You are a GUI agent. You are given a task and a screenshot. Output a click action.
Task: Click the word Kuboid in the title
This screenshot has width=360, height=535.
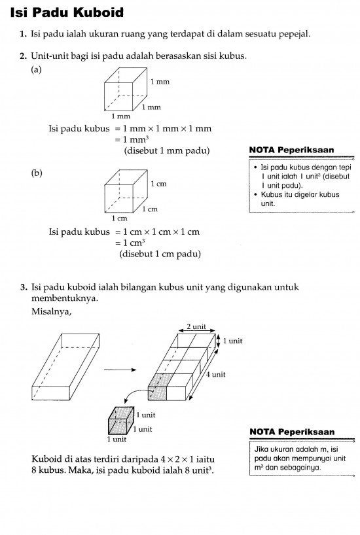[98, 12]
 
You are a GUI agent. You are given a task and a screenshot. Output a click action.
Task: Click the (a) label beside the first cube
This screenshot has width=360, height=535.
[36, 69]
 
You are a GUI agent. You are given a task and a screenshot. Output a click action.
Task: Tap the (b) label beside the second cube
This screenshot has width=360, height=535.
[37, 173]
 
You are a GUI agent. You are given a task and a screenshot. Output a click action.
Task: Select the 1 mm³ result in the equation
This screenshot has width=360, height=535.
[136, 139]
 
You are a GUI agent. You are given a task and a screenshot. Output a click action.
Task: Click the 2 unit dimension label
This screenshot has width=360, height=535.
[196, 326]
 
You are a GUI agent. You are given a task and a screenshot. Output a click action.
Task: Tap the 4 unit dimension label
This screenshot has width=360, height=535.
[215, 374]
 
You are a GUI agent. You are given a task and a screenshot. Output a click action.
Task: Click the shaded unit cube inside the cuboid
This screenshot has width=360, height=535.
[158, 387]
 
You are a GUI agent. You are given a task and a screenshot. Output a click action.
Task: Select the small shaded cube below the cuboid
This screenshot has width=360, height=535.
[120, 421]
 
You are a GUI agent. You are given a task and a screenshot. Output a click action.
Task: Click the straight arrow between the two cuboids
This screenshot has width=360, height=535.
[120, 370]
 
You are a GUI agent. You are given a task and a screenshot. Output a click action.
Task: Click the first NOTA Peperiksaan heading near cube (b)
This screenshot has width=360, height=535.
[291, 150]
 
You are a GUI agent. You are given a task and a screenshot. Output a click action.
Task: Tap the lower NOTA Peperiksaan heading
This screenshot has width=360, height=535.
[292, 432]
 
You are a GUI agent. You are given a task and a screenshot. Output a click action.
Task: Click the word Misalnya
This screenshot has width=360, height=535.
[51, 311]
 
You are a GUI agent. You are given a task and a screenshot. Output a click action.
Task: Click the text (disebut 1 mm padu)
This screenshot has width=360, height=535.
[167, 150]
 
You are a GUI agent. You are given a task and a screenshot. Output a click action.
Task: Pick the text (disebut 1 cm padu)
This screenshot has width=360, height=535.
[160, 254]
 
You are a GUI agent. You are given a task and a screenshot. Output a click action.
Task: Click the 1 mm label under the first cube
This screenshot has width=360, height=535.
[121, 116]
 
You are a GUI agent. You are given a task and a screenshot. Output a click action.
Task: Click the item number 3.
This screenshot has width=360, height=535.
[23, 287]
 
